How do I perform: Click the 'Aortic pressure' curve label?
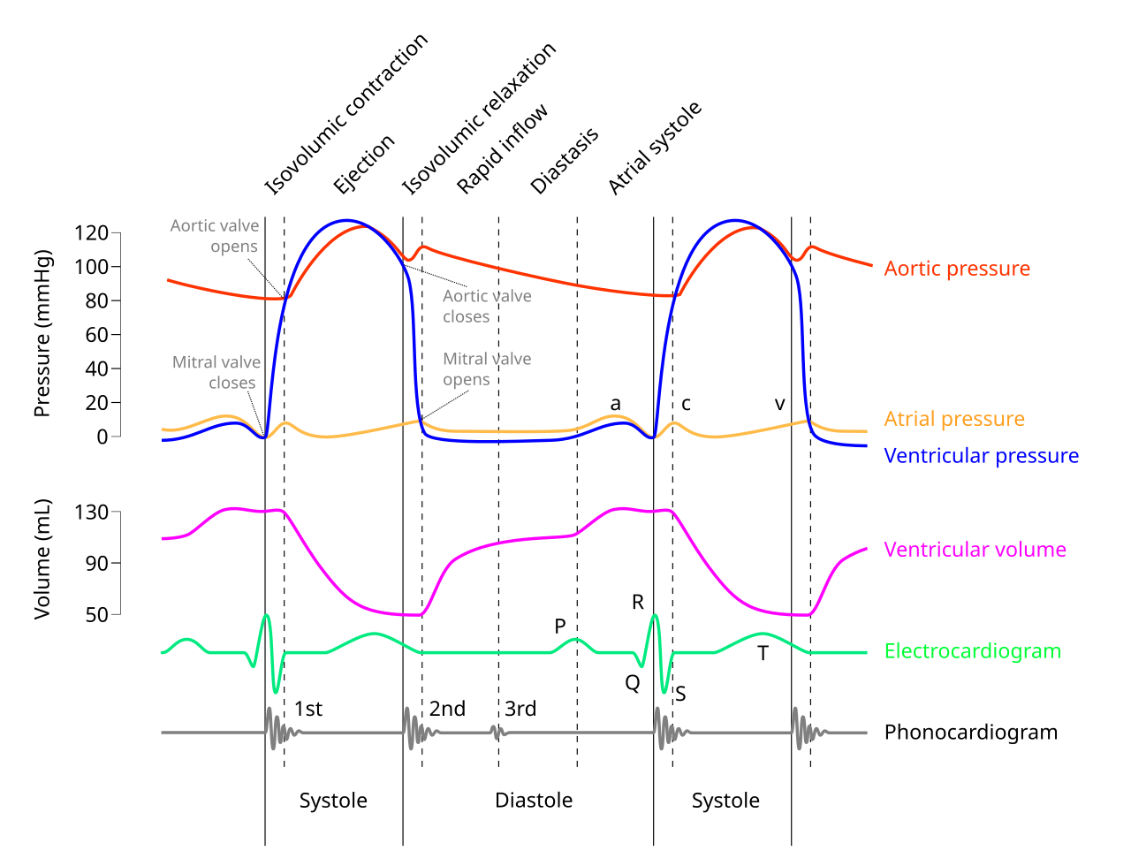957,269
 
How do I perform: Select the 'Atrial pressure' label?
954,419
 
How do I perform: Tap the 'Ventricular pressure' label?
981,456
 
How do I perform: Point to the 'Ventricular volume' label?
975,550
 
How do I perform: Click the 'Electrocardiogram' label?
972,651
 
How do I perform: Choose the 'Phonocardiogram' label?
970,733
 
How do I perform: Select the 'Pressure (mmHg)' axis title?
42,333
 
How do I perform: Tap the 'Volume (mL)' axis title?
42,559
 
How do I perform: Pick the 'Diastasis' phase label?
565,161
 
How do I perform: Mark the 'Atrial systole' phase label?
656,148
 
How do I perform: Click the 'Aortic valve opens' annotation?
215,236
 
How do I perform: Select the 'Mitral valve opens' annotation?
487,369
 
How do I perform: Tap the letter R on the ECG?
638,603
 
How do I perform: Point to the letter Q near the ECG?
633,683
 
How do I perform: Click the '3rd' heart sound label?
520,709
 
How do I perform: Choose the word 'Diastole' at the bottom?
534,801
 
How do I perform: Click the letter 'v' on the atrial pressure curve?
779,405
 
